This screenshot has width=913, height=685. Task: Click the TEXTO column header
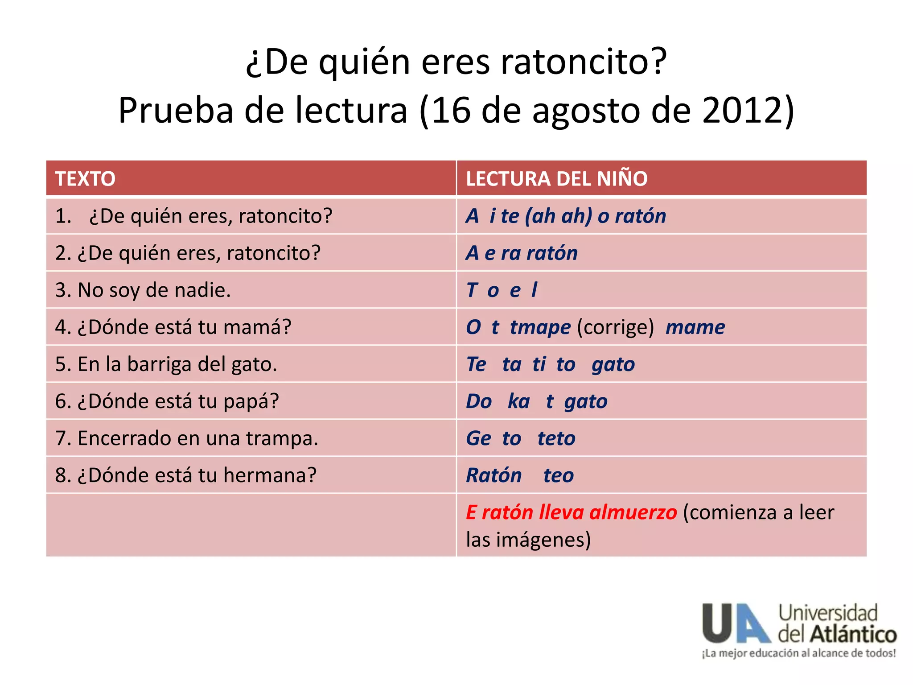85,179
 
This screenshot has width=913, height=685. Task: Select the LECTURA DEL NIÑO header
556,179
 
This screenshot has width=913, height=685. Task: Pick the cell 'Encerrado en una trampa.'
198,438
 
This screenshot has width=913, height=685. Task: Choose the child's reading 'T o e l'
502,290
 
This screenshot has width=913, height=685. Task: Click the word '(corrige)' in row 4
615,327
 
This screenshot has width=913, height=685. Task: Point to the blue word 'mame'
695,327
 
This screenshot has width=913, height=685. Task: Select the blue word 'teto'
556,438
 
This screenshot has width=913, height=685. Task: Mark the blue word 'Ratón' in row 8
494,475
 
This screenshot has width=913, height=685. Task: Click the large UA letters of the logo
736,623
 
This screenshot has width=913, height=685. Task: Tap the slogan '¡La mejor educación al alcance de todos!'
798,653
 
